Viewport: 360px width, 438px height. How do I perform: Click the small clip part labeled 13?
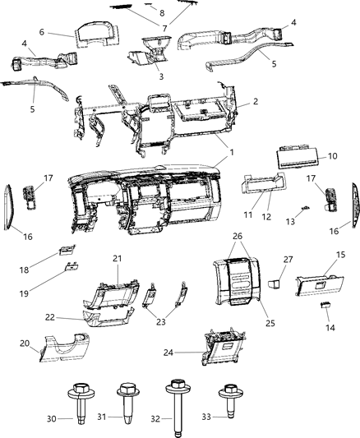[304, 210]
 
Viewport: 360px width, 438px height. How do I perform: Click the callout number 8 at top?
[162, 13]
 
